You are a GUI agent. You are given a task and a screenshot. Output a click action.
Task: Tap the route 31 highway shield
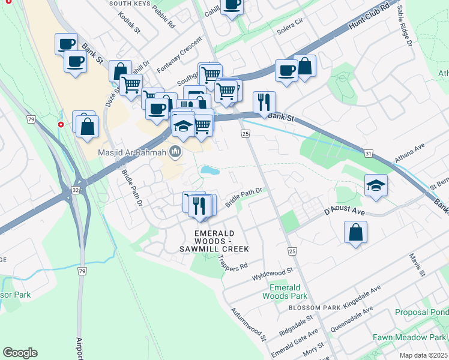[x=368, y=154]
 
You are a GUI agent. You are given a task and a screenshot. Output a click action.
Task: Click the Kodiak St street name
[x=129, y=21]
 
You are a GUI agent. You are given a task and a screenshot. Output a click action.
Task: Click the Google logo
[x=20, y=353]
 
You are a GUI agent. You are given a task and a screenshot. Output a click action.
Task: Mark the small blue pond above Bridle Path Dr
[x=210, y=171]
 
